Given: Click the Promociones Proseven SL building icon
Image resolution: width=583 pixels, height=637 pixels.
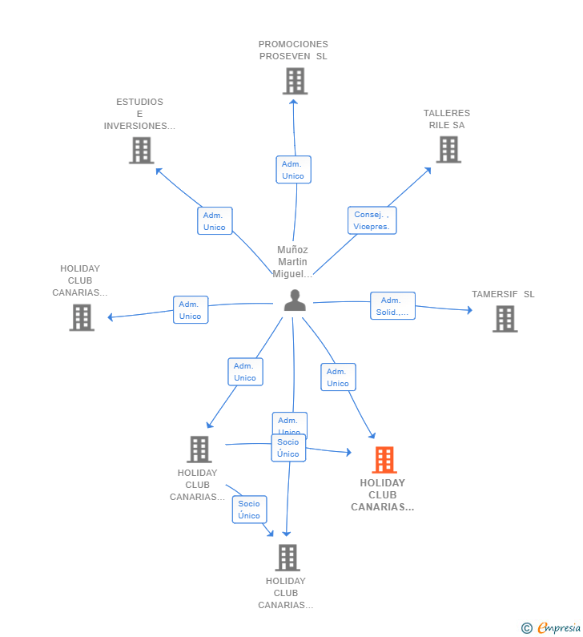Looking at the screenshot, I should coord(295,81).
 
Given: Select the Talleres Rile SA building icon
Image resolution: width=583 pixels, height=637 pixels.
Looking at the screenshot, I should coord(448,149).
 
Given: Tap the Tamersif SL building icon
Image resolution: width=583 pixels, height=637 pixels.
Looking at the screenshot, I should coord(505,318).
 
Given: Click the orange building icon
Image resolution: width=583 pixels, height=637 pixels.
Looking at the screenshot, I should coord(384,460).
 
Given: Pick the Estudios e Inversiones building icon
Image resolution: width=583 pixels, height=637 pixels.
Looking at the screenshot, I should coord(141,150).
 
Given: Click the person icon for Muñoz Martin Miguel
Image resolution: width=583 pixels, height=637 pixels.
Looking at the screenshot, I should coord(295,300).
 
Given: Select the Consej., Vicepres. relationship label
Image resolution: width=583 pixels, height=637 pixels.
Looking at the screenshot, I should coord(372,220).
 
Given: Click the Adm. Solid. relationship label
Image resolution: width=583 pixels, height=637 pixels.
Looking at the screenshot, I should coord(392,306).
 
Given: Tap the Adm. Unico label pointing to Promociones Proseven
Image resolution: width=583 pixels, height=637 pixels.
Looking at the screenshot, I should coord(293,170).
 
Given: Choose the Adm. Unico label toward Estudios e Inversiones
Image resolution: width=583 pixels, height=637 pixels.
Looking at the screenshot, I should coord(215,221).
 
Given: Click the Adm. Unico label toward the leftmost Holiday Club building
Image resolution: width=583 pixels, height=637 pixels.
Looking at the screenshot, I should coord(191,310).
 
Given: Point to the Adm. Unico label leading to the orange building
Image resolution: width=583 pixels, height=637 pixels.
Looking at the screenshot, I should coord(338,377).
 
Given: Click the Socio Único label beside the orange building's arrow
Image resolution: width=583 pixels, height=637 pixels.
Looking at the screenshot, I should coord(288,448).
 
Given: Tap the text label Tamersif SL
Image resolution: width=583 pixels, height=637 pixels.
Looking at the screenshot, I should coord(503,294).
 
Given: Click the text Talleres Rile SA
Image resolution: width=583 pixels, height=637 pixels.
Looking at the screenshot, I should coord(447,119).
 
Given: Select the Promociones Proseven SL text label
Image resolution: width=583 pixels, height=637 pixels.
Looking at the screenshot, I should coord(293,50).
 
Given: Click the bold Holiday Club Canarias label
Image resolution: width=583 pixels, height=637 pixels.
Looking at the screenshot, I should coord(383,495).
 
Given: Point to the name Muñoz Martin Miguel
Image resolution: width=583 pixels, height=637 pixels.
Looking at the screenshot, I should coord(292,262).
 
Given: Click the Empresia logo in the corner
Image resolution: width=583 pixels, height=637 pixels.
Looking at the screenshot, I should coord(552,628).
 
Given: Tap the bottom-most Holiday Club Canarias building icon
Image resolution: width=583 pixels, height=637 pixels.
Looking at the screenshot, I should coord(287,558).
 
